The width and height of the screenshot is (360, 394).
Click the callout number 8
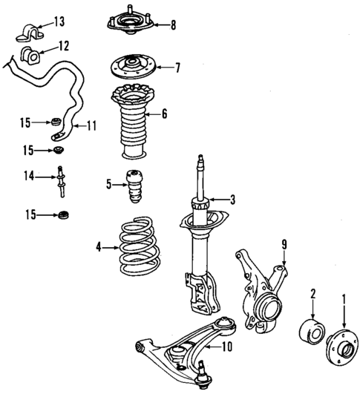tap(172, 24)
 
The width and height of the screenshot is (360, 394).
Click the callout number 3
tap(232, 199)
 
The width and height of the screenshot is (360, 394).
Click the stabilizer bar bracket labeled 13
tap(28, 33)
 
